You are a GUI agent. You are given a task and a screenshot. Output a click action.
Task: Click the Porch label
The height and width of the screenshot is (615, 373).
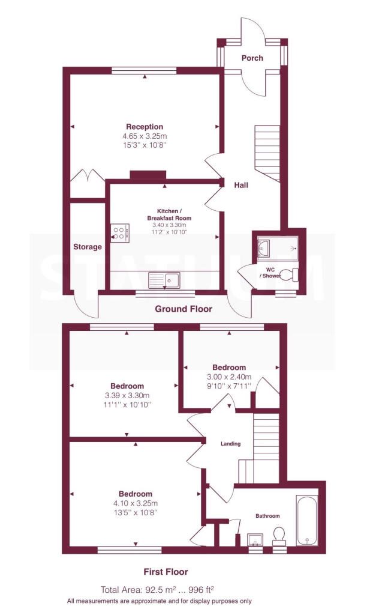pyautogui.click(x=252, y=58)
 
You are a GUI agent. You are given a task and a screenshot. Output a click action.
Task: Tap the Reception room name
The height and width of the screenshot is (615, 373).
pyautogui.click(x=145, y=127)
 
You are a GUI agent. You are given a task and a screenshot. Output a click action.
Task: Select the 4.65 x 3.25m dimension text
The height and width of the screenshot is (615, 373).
pyautogui.click(x=145, y=136)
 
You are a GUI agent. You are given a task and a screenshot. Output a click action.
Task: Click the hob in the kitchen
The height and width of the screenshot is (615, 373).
pyautogui.click(x=120, y=232)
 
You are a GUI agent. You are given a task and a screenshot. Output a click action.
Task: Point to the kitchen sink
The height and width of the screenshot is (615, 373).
pyautogui.click(x=164, y=280)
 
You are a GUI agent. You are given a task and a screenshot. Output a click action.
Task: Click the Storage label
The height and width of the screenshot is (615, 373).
pyautogui.click(x=88, y=247)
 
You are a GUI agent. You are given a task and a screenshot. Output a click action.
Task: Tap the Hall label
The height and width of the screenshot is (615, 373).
pyautogui.click(x=241, y=185)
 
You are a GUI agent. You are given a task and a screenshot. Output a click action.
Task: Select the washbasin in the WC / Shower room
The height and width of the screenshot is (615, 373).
pyautogui.click(x=263, y=248)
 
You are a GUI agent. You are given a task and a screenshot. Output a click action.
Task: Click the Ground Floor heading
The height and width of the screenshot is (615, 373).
pyautogui.click(x=184, y=309)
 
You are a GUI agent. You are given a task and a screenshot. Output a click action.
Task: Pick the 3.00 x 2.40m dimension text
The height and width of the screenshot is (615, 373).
pyautogui.click(x=229, y=377)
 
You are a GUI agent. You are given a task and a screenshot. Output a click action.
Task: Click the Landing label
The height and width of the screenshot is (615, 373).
pyautogui.click(x=230, y=444)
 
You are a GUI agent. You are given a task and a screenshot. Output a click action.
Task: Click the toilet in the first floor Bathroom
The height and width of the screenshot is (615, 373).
pyautogui.click(x=279, y=536)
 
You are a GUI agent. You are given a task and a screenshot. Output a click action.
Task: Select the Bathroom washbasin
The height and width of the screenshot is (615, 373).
pyautogui.click(x=255, y=540)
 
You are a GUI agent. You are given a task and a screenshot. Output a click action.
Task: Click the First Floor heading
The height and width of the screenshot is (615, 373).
pyautogui.click(x=166, y=572)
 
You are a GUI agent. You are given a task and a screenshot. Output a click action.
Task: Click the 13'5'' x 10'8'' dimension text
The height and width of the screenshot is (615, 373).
pyautogui.click(x=136, y=513)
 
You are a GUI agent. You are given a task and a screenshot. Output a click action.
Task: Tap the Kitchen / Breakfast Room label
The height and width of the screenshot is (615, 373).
pyautogui.click(x=169, y=214)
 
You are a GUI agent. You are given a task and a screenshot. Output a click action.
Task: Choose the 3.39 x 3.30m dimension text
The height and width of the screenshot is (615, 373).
pyautogui.click(x=127, y=395)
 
